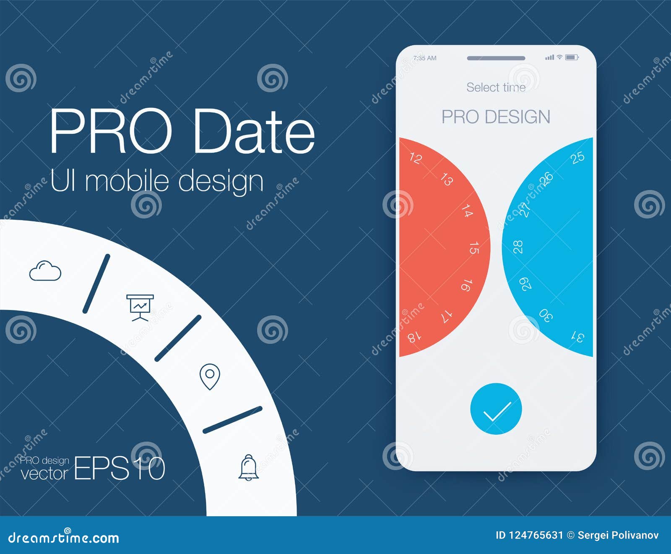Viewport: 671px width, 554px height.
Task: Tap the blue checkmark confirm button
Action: click(496, 409)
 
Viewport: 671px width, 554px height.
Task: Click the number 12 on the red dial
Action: click(415, 158)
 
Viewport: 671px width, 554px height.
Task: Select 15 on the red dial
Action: click(474, 248)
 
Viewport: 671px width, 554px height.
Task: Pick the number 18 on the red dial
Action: click(414, 336)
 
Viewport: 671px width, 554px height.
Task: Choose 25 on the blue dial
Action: click(577, 157)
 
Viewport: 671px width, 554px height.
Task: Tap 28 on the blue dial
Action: click(518, 247)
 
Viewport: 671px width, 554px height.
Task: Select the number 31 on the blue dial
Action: click(578, 336)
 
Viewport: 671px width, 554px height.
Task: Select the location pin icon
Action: click(210, 377)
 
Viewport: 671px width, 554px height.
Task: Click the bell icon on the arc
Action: click(248, 467)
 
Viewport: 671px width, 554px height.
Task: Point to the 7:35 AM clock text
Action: click(425, 58)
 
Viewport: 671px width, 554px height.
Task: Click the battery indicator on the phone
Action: click(572, 57)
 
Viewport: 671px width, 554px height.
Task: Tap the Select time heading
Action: click(496, 87)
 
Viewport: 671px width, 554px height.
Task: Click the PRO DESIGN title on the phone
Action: click(496, 117)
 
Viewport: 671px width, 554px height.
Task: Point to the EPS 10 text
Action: click(120, 468)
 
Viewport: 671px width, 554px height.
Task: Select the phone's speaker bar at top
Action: click(496, 58)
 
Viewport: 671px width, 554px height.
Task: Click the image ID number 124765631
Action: click(536, 535)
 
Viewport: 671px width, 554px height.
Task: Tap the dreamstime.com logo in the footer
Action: click(64, 538)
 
